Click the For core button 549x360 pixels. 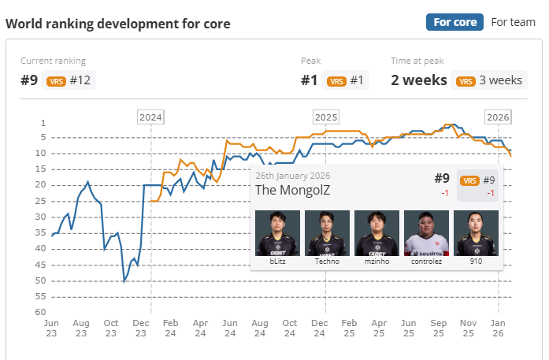(x=454, y=22)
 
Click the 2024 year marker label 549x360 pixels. (x=150, y=117)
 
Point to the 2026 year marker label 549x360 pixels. (x=497, y=117)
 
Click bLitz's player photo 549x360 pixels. (x=277, y=233)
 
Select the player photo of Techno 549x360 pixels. (x=327, y=233)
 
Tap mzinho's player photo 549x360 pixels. (x=377, y=233)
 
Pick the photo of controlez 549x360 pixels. (x=426, y=233)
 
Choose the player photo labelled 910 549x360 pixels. (x=476, y=233)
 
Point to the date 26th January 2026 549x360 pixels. (x=292, y=176)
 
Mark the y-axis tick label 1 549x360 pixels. (x=43, y=123)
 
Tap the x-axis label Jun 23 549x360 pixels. (x=51, y=328)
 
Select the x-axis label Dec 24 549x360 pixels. (x=319, y=328)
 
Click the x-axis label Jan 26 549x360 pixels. (x=498, y=328)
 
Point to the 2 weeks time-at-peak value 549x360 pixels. (x=419, y=80)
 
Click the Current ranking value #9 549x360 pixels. (x=30, y=80)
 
